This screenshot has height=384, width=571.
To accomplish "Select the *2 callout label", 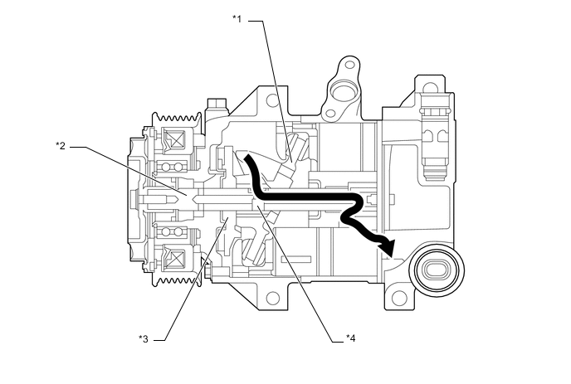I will tap(61, 146).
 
